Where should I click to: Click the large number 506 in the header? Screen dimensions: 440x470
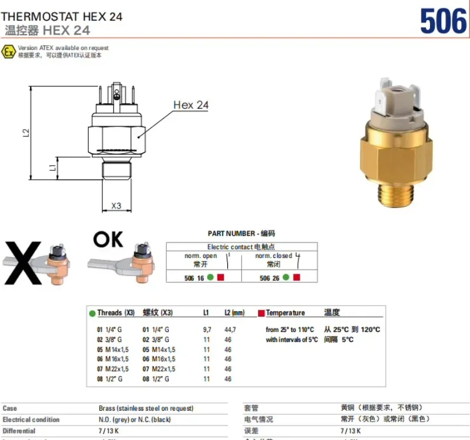443,22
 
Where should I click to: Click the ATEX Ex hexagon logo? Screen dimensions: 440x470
8,52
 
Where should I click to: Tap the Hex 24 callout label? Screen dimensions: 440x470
190,105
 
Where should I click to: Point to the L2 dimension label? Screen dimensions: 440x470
26,133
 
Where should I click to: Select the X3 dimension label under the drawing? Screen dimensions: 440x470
116,206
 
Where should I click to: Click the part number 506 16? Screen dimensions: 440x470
194,278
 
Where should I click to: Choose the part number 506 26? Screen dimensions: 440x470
270,278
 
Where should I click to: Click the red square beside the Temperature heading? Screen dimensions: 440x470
261,313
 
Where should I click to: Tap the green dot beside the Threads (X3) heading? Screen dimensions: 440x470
92,313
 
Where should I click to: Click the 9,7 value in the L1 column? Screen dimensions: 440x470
207,330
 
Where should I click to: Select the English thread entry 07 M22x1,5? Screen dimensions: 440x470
113,369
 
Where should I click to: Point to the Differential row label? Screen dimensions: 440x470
19,431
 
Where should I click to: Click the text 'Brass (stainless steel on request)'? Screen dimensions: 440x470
146,408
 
